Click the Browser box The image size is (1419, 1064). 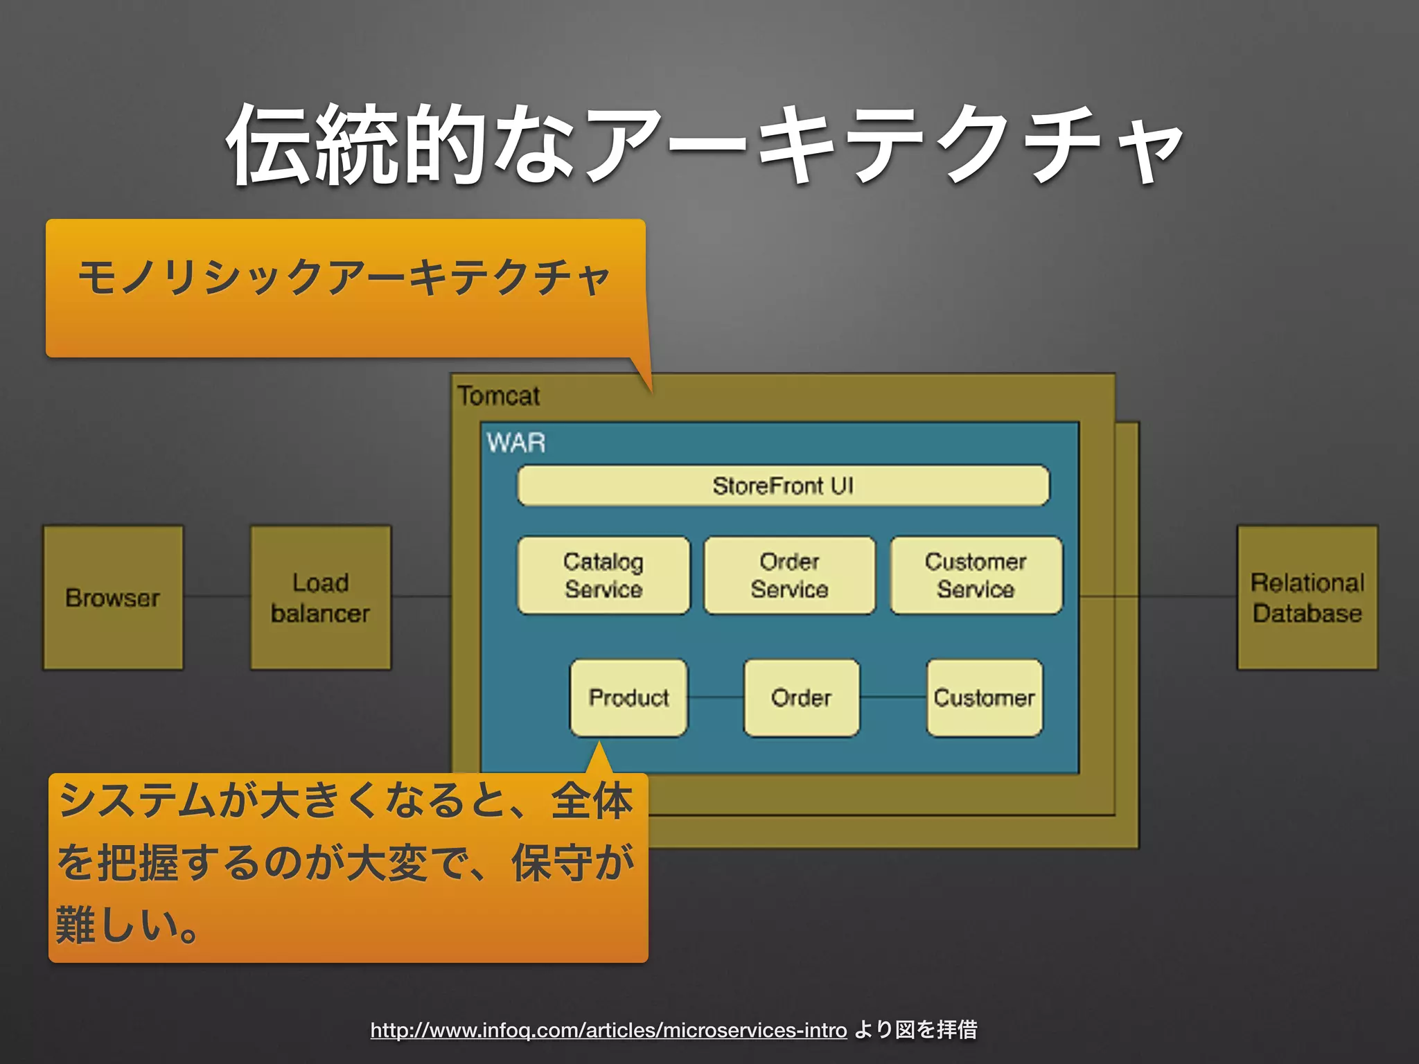(113, 597)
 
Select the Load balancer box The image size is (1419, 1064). (320, 597)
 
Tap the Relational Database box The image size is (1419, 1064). (1307, 597)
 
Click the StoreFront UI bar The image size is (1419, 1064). (783, 486)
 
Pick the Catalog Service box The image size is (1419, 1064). (603, 575)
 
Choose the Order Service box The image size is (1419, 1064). (789, 575)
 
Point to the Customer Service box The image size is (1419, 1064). (976, 575)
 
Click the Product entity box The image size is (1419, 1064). (628, 698)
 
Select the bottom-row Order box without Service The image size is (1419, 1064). (801, 698)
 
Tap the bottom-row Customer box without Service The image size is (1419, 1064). (984, 698)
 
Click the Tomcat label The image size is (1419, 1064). (498, 396)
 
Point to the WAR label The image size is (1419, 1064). (516, 443)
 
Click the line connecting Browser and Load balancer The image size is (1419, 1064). (217, 596)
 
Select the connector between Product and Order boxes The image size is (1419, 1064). (716, 698)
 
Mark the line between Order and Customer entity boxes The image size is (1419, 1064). (893, 698)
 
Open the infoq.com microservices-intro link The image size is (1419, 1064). (608, 1030)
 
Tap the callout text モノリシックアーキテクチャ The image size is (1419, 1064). (344, 277)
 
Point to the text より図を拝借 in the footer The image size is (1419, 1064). (915, 1030)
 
